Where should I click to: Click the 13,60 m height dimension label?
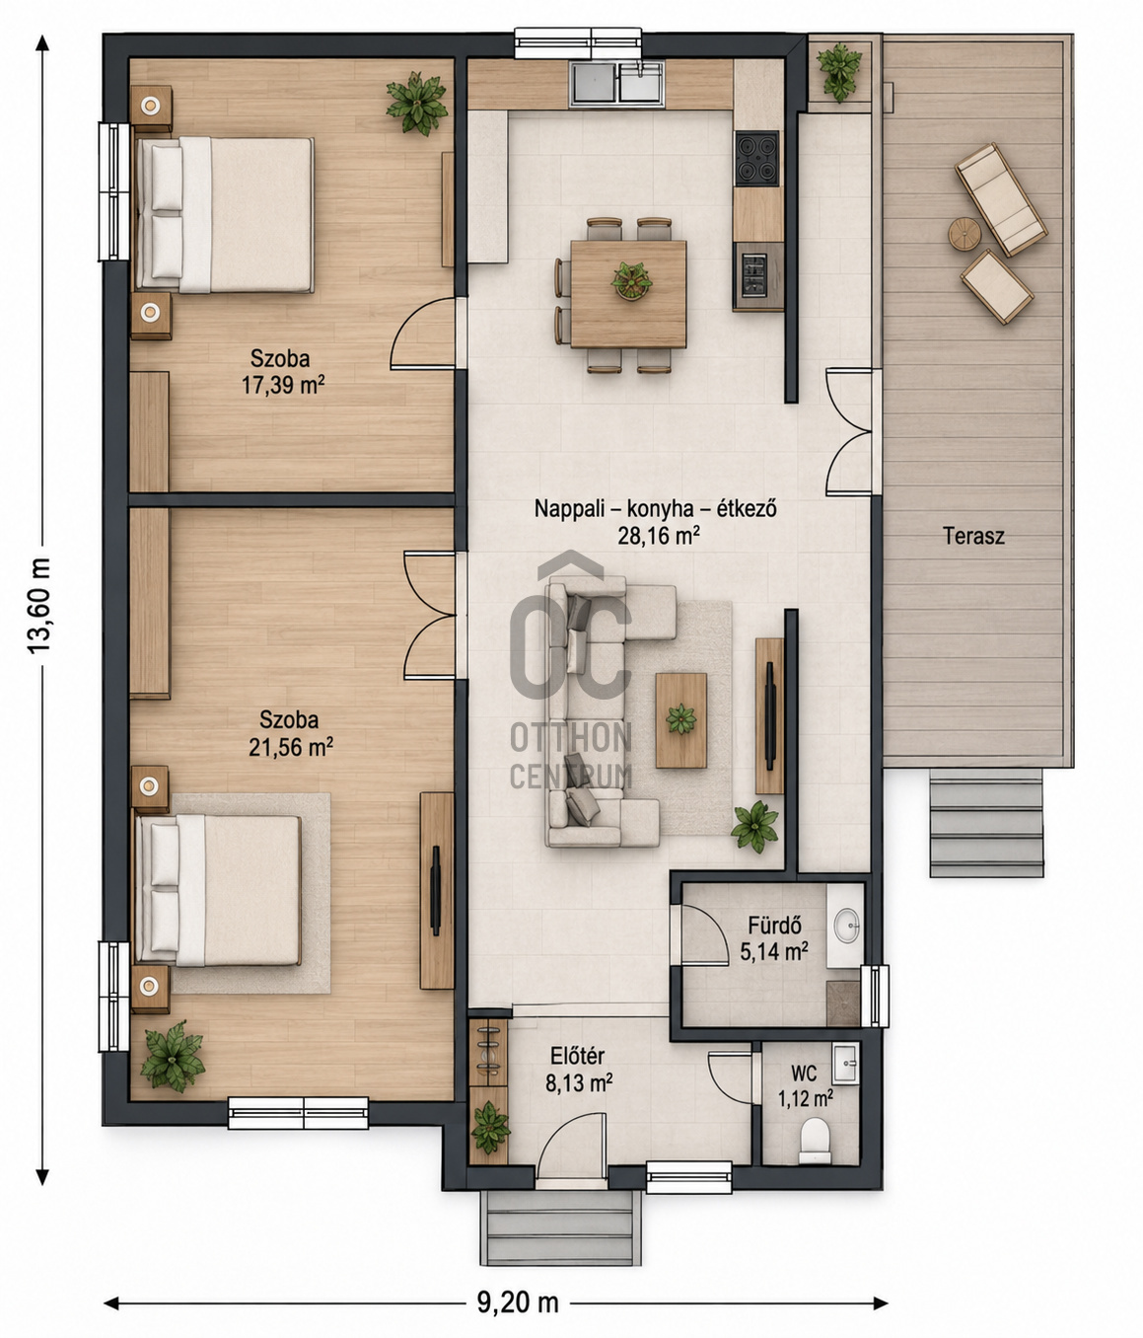[38, 605]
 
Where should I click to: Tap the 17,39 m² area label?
[283, 385]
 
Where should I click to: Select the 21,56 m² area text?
[291, 747]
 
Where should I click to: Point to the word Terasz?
[972, 536]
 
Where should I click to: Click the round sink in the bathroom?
[847, 925]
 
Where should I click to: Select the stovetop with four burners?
[756, 159]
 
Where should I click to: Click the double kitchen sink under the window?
[616, 84]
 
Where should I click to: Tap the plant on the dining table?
[631, 281]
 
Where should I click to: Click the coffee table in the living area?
[680, 720]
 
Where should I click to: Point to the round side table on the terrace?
[964, 233]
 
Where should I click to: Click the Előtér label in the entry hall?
[577, 1056]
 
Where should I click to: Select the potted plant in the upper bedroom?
[416, 103]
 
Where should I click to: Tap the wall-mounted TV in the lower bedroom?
[435, 890]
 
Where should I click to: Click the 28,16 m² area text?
[659, 536]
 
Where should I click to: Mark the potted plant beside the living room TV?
[754, 827]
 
